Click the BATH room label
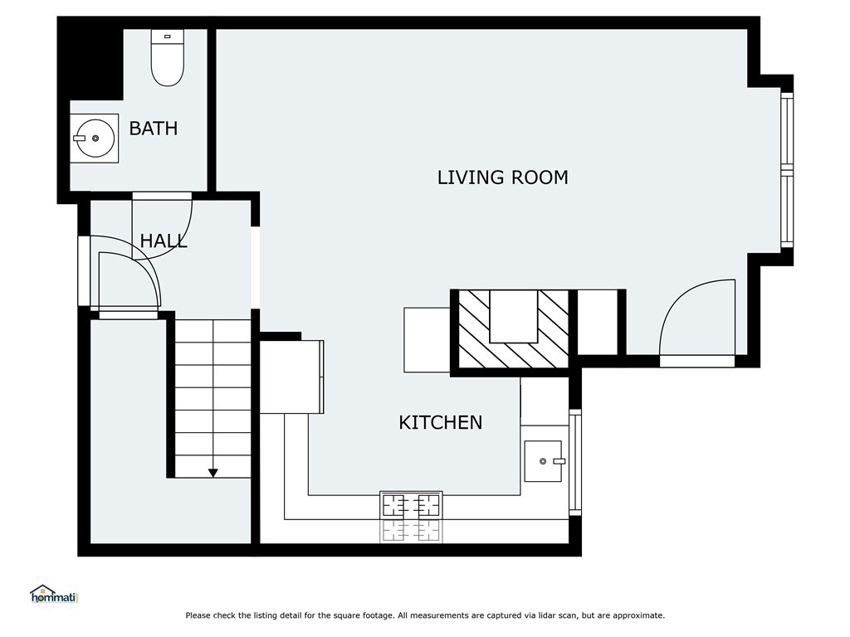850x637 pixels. (154, 129)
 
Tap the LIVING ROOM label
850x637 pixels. (502, 177)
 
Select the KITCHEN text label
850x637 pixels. (440, 422)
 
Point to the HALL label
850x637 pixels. (163, 241)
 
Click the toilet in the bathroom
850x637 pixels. (167, 60)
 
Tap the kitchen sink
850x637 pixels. (545, 461)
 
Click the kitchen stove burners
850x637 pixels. (410, 505)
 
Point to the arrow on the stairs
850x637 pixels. (212, 472)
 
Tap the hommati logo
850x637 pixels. (53, 594)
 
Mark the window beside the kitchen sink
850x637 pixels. (574, 461)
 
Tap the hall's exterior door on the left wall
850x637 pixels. (84, 272)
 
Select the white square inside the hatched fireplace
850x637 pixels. (513, 315)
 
